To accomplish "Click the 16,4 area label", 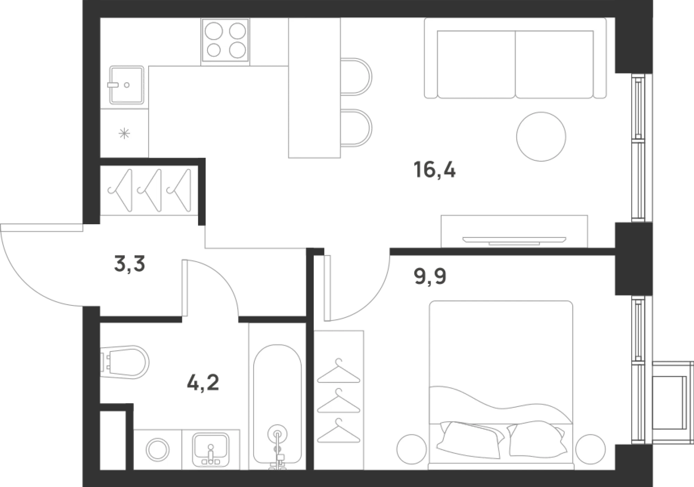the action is tap(435, 170).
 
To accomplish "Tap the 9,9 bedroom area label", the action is tap(430, 276).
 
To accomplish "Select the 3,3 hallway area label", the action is tap(129, 264).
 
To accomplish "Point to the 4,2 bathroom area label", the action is tap(203, 383).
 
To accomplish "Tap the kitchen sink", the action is tap(127, 85).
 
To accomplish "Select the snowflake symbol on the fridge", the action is tap(124, 133).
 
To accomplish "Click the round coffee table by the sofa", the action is tap(541, 136).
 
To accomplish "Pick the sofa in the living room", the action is tap(515, 58).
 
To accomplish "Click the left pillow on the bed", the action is tap(469, 438).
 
